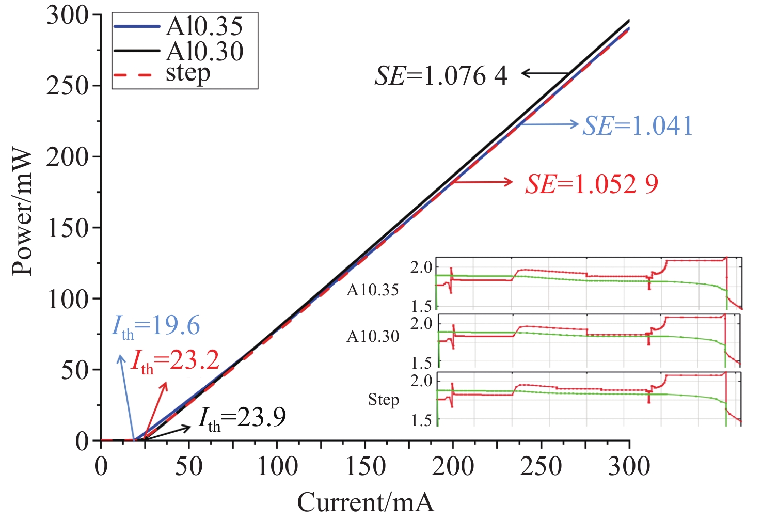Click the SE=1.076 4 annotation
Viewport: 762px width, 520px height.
coord(441,76)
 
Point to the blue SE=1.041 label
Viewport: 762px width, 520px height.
coord(638,125)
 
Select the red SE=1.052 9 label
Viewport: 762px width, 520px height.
coord(592,184)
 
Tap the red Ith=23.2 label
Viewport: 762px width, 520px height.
coord(175,361)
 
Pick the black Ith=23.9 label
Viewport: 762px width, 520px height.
coord(242,418)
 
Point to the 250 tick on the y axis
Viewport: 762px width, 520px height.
coord(68,85)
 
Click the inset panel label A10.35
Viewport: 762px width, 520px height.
coord(373,290)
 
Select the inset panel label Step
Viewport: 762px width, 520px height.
coord(384,399)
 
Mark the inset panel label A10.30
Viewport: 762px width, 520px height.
coord(373,337)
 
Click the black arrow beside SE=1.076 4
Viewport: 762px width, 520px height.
coord(545,74)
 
